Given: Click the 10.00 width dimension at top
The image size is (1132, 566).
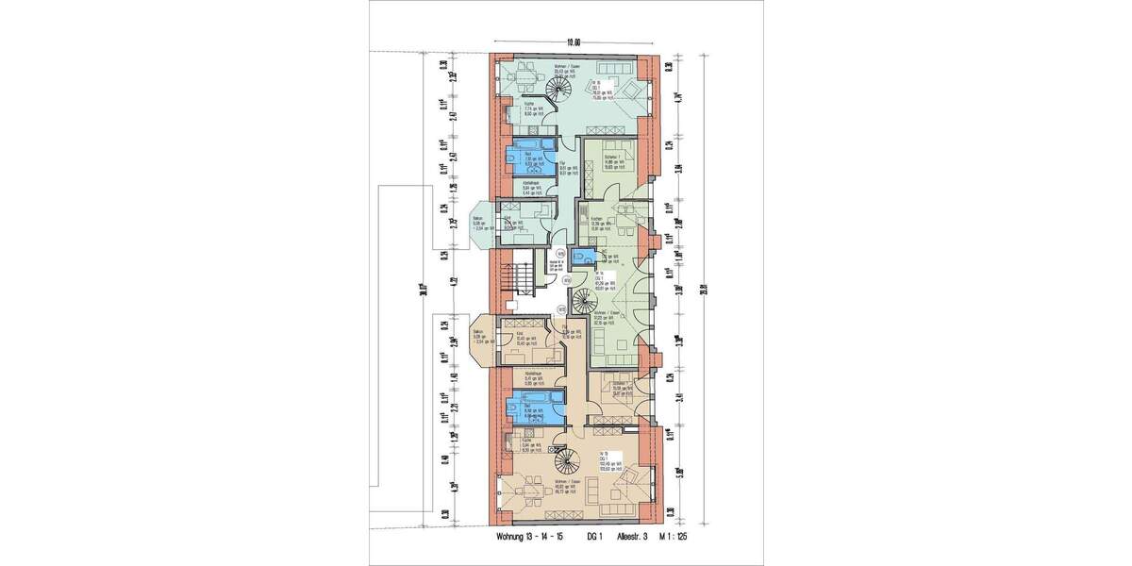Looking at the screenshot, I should pos(573,42).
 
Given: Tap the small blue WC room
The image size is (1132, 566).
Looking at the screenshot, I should pos(588,257).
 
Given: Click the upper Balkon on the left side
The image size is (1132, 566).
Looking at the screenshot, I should pos(481,225).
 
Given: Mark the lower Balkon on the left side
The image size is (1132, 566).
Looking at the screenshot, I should pos(481,338).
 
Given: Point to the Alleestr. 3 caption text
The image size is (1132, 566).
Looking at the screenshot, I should pos(632,538).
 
